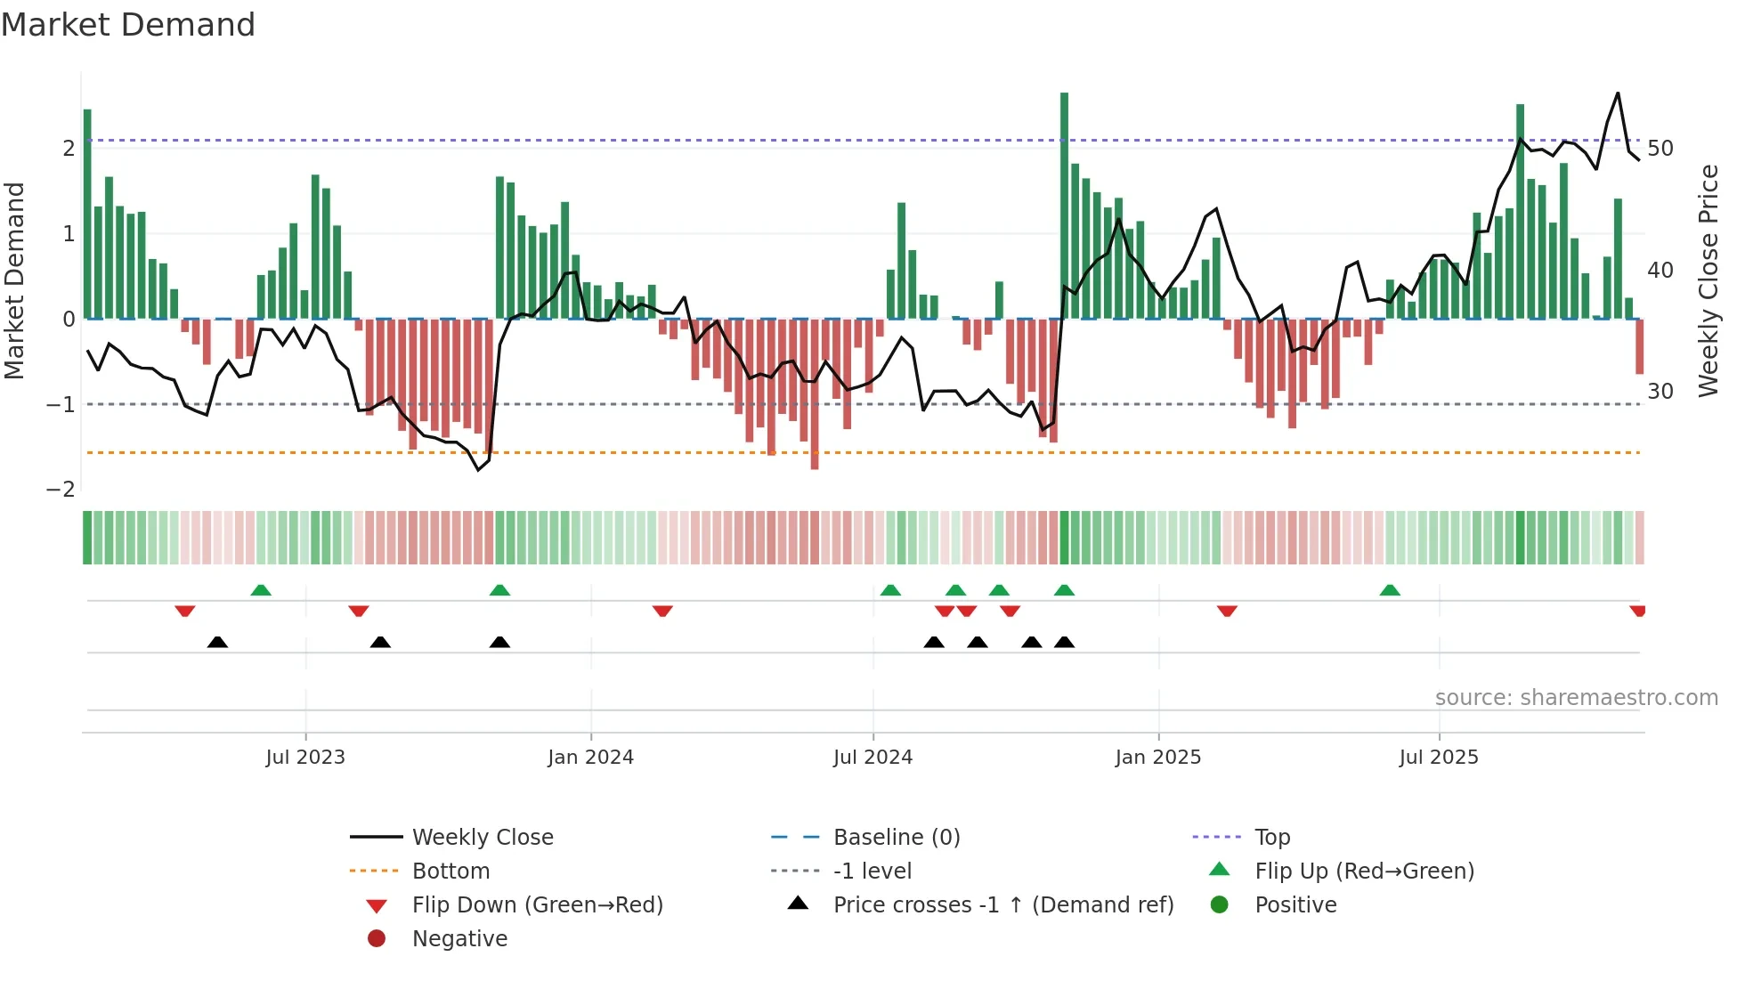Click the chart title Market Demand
point(128,25)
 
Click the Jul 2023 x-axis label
point(305,758)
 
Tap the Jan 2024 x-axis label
point(590,758)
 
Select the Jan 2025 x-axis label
point(1157,758)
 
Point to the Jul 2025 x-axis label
point(1438,758)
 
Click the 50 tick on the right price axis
point(1660,149)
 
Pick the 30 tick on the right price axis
point(1660,392)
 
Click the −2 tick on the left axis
point(61,490)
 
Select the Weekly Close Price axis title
point(1708,280)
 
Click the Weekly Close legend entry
point(482,838)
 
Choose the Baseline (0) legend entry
point(896,838)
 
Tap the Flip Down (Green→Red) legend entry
point(537,905)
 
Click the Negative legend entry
point(459,939)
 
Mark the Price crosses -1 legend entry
point(1002,905)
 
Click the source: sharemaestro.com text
point(1576,698)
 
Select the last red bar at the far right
point(1639,346)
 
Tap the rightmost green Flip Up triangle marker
point(1390,590)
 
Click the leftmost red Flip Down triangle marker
point(185,611)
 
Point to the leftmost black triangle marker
point(217,642)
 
